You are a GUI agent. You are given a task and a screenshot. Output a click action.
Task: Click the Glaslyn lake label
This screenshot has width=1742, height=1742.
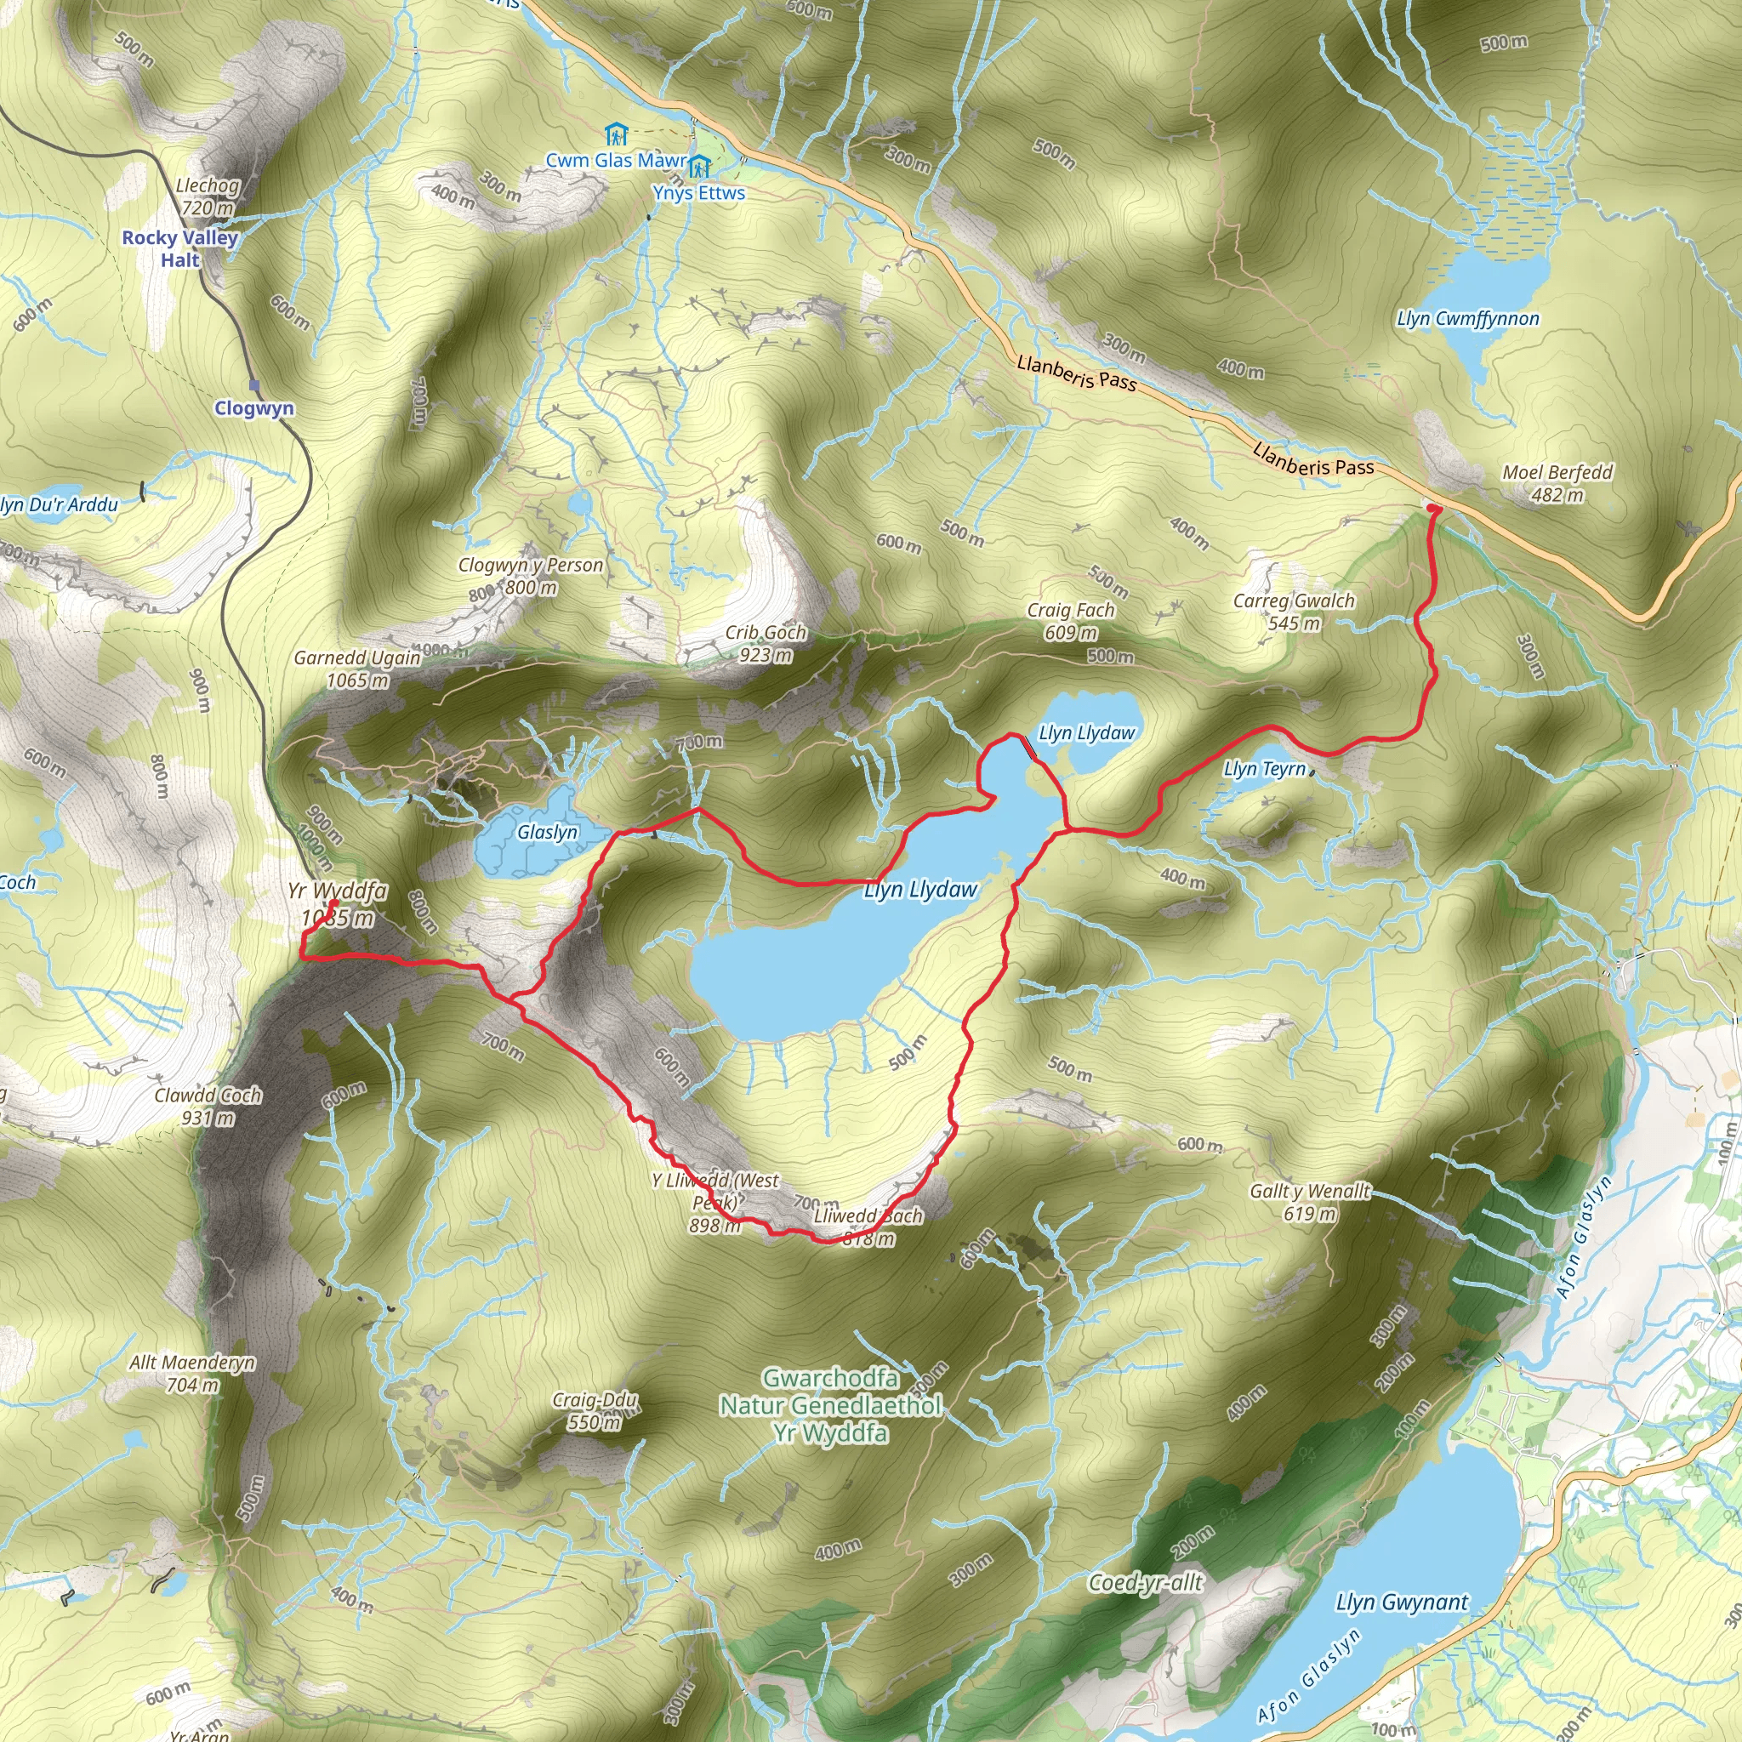[547, 831]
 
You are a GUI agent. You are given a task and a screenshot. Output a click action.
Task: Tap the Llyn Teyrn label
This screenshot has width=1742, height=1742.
[1264, 768]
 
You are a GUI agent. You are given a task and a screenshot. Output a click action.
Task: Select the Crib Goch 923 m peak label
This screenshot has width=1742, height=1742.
[766, 644]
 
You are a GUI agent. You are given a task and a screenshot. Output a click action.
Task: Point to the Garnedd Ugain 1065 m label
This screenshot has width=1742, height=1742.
[357, 669]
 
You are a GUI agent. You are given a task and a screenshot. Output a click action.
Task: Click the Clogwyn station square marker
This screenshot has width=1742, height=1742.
[254, 385]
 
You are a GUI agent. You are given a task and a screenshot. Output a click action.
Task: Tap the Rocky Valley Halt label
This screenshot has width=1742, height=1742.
[180, 249]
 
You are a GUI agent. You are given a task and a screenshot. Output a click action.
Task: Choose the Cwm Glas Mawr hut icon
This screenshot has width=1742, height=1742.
[616, 135]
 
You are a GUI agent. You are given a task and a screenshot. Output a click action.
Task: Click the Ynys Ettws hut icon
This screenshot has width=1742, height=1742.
[699, 166]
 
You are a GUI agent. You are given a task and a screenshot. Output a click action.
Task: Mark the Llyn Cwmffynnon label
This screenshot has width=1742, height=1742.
[1468, 318]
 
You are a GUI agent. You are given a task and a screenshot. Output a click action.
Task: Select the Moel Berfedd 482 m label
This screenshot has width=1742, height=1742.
[1557, 483]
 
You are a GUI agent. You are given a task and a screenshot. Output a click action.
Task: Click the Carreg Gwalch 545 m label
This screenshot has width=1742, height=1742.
[1294, 612]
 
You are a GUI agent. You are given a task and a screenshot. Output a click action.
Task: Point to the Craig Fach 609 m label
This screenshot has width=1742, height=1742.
[1071, 621]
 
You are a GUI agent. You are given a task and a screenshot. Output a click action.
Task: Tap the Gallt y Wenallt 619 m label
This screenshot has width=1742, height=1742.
[1309, 1202]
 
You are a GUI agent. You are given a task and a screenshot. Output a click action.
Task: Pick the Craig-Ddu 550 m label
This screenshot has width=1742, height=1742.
[595, 1411]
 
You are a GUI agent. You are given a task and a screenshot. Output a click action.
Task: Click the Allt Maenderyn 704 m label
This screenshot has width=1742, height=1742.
[192, 1373]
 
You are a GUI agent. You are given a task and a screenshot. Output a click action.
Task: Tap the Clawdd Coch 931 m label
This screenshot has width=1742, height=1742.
[208, 1107]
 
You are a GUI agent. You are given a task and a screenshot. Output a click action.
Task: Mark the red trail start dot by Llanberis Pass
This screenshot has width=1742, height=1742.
[1433, 510]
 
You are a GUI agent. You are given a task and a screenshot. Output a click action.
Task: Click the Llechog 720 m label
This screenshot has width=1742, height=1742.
[208, 196]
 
